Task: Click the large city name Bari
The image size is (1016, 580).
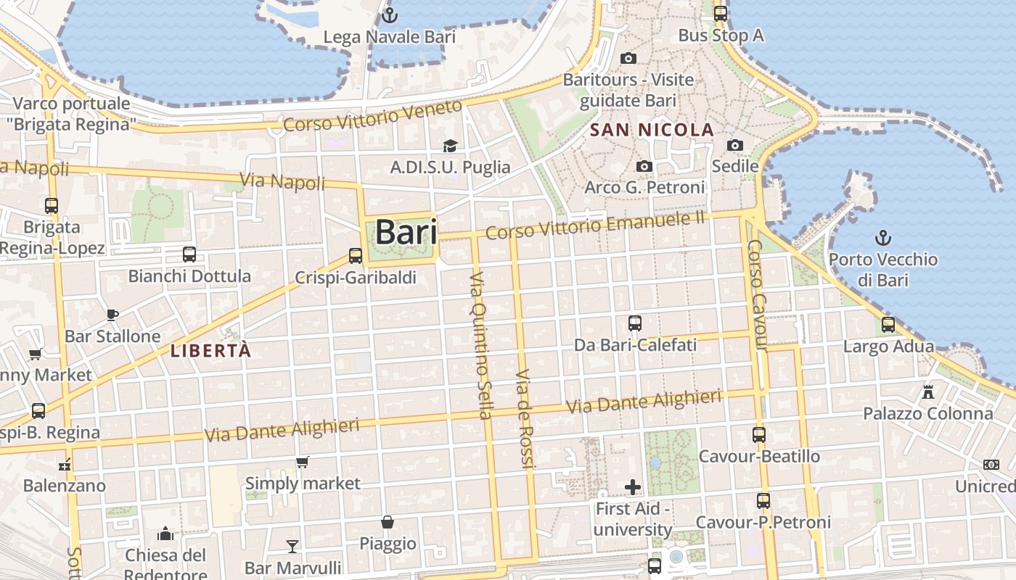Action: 406,233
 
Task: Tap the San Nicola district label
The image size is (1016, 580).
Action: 652,130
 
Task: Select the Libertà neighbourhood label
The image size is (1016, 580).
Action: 210,351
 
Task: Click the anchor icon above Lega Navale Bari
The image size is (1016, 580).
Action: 390,14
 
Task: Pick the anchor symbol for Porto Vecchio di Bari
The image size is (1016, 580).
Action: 882,237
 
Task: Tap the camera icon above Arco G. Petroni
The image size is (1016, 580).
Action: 644,167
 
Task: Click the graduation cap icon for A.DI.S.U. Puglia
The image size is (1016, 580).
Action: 450,146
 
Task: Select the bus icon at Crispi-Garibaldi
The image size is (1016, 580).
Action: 355,255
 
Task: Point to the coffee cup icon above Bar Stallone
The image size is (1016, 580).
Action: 112,315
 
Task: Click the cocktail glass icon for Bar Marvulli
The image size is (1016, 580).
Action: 292,546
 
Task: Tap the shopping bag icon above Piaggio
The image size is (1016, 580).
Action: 388,522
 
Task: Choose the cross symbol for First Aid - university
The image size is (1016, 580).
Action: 633,487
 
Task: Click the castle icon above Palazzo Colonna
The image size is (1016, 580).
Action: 927,392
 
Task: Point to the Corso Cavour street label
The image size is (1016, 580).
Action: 757,295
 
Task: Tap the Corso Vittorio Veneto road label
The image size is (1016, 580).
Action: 372,116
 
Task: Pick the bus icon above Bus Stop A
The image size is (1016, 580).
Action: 720,13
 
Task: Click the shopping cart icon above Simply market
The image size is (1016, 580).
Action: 303,462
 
